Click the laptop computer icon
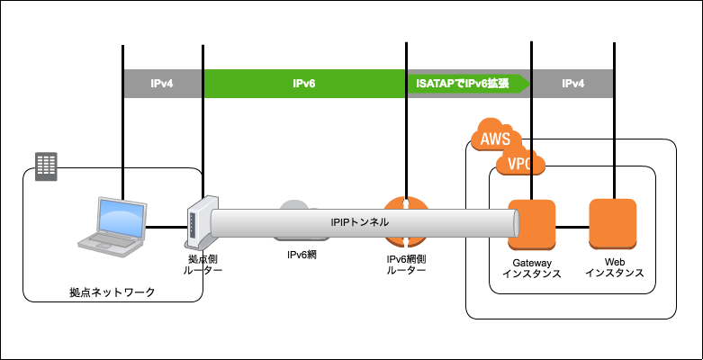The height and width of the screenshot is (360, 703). [113, 227]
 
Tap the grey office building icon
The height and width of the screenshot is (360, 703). [46, 166]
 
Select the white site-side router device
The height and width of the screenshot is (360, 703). [199, 222]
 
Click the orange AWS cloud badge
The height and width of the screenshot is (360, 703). [496, 134]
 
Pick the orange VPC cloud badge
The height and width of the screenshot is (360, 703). [520, 161]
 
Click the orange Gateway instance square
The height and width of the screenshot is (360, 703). [532, 224]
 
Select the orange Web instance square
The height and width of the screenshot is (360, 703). [612, 224]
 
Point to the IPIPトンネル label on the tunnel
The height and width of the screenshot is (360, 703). [359, 222]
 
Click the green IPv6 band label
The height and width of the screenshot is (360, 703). [304, 84]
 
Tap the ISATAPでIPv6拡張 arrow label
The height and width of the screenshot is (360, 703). [463, 84]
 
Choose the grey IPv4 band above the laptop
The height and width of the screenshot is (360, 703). [162, 84]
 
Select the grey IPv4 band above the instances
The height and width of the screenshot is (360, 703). [572, 84]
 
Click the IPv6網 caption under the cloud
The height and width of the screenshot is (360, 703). [302, 255]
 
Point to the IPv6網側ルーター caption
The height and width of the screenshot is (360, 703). [406, 265]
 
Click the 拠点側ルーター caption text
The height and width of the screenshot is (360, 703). [203, 265]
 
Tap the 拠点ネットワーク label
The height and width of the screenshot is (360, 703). [113, 292]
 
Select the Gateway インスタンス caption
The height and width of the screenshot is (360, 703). [532, 268]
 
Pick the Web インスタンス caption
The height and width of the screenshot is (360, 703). [615, 267]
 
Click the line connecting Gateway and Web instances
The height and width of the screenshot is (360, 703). [572, 228]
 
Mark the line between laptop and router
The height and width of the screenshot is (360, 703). [166, 228]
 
